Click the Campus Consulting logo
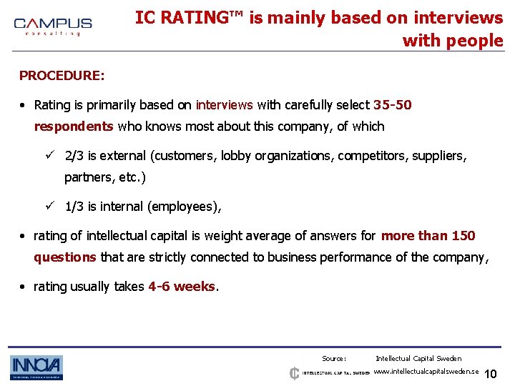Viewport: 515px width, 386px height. coord(52,27)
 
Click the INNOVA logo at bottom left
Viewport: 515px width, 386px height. coord(36,367)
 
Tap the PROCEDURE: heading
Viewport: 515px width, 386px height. coord(62,75)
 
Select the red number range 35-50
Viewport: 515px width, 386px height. coord(393,105)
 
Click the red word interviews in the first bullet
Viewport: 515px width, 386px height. coord(224,105)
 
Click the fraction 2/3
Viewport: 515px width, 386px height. coord(74,156)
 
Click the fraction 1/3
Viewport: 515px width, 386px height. coord(74,207)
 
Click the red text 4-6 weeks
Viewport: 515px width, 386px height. coord(182,287)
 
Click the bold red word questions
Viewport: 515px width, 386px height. coord(65,257)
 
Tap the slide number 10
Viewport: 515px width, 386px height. coord(491,374)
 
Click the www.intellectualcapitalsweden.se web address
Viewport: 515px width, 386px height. coord(426,372)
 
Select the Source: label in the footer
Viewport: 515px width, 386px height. coord(334,358)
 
